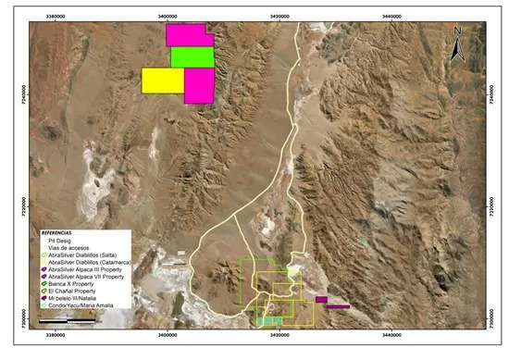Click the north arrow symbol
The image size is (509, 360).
click(456, 44)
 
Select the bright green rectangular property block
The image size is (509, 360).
click(192, 56)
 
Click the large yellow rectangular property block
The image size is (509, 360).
click(162, 81)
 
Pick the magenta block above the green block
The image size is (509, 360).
click(188, 35)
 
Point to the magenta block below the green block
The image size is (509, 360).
click(199, 85)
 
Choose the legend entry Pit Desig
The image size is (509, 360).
click(61, 240)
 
